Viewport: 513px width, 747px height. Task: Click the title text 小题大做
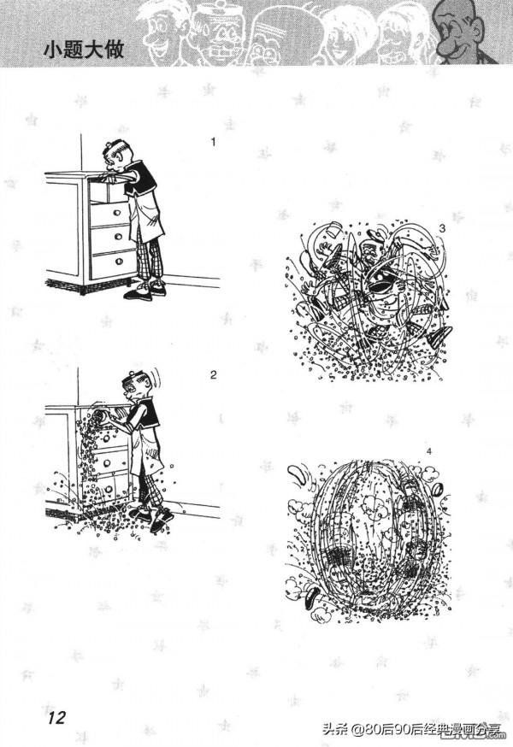coord(84,50)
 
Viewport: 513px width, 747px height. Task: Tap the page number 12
coord(56,717)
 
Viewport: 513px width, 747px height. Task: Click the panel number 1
coord(213,142)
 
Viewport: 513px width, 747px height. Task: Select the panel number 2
coord(213,375)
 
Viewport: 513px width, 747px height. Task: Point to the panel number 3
coord(442,229)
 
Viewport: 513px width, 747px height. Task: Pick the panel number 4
coord(429,451)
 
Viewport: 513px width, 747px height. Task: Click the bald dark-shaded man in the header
coord(464,33)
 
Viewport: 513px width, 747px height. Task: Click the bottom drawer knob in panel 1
coord(119,262)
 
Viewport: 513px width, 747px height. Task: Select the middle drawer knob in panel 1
coord(118,237)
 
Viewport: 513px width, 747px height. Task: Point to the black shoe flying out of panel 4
coord(313,595)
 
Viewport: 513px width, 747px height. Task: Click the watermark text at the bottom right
coord(413,729)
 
